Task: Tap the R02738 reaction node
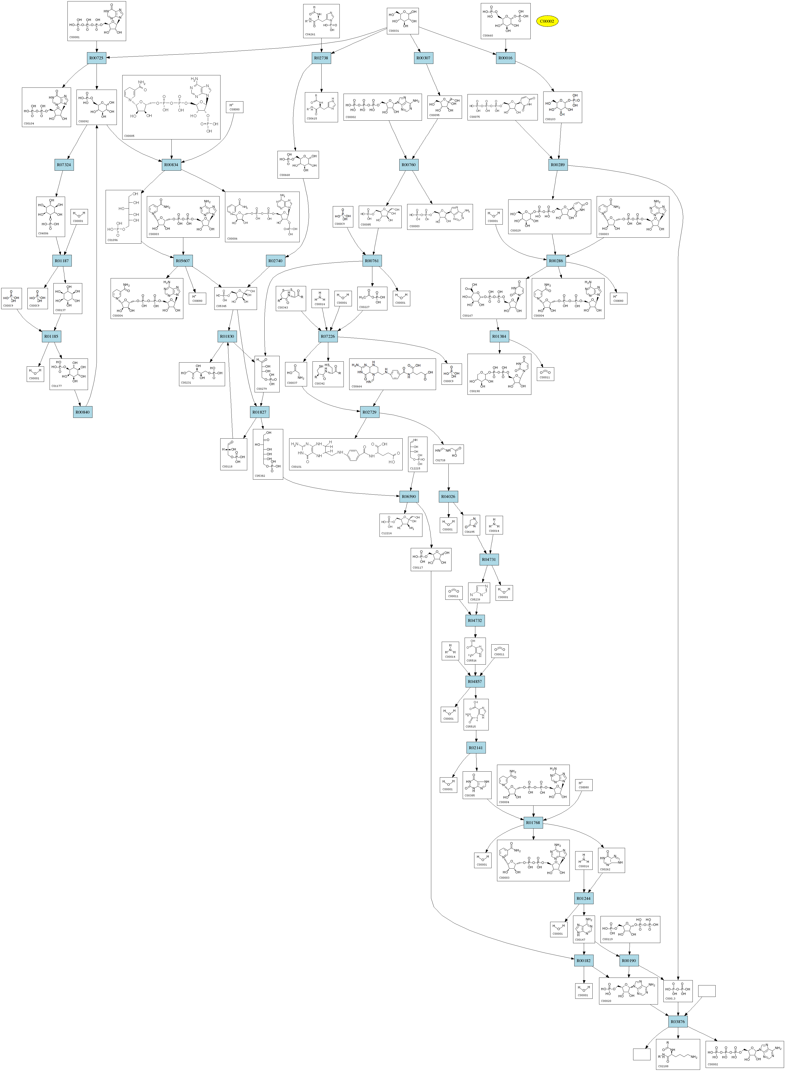tap(322, 58)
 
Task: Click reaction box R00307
tap(423, 58)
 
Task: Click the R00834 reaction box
tap(171, 165)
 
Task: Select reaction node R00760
tap(409, 165)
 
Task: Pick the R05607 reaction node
tap(183, 261)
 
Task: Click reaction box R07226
tap(328, 336)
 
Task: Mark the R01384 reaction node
tap(499, 336)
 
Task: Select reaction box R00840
tap(83, 412)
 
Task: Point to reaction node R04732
tap(475, 620)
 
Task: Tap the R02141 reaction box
tap(476, 748)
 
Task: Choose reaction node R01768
tap(533, 822)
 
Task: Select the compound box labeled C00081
tap(97, 21)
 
